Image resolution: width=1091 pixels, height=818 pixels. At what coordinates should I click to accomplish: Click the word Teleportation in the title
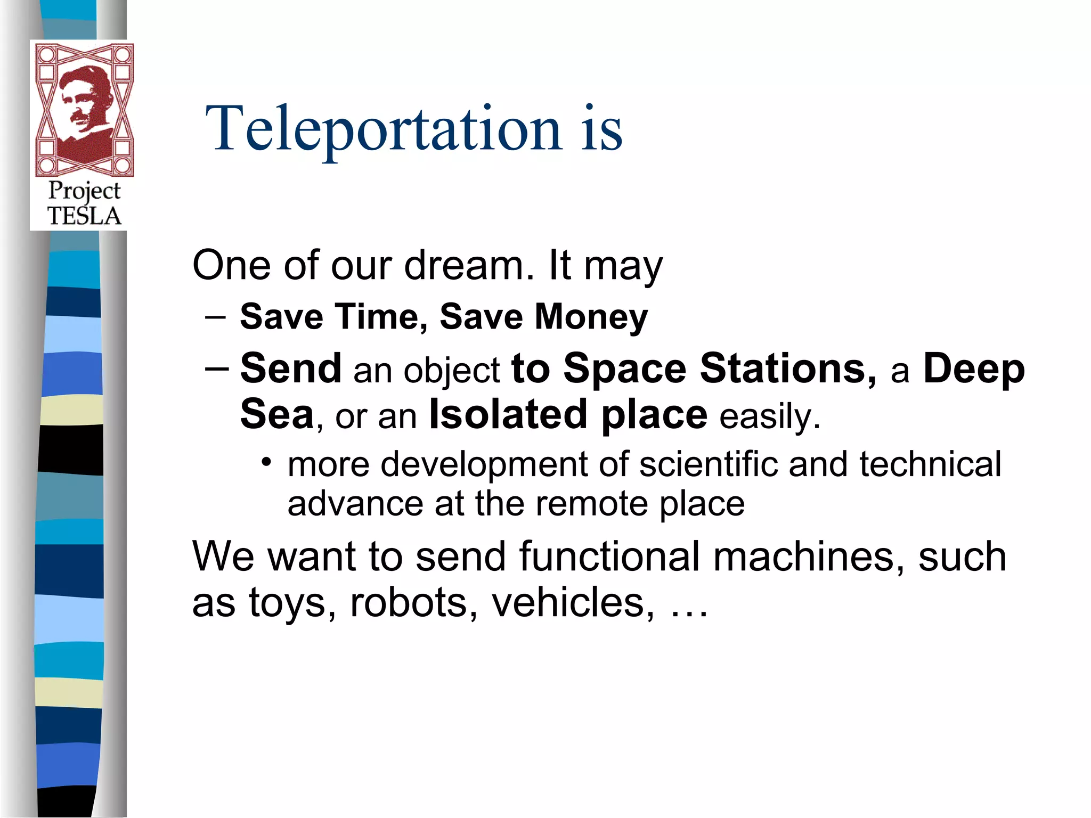pyautogui.click(x=384, y=129)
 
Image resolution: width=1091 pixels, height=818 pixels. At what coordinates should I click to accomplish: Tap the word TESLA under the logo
pyautogui.click(x=84, y=216)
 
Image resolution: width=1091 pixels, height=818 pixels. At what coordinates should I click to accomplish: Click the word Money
pyautogui.click(x=591, y=317)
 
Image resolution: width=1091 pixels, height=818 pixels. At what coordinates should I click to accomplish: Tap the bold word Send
pyautogui.click(x=291, y=369)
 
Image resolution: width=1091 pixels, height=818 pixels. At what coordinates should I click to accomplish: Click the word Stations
pyautogui.click(x=788, y=369)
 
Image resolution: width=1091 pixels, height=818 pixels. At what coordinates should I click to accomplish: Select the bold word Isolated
pyautogui.click(x=508, y=415)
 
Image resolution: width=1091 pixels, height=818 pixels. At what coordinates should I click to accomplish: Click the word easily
pyautogui.click(x=769, y=417)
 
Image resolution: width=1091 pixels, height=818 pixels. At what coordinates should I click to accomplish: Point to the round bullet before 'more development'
pyautogui.click(x=266, y=461)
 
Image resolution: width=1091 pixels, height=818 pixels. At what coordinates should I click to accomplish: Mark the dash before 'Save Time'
pyautogui.click(x=215, y=317)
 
